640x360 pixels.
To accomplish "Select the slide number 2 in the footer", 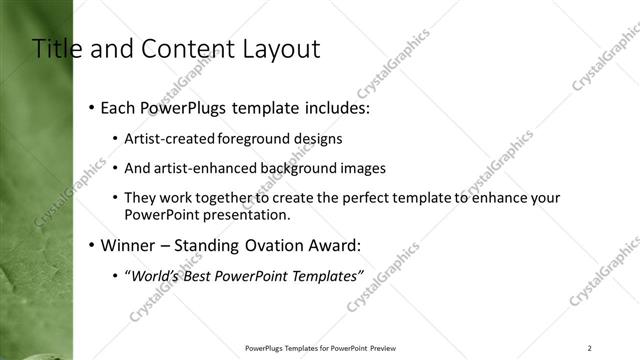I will point(590,348).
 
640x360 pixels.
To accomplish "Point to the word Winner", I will point(129,245).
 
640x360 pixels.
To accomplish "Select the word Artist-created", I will point(171,139).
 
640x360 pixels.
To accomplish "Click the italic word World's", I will point(157,275).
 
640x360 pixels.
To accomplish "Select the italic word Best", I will point(211,275).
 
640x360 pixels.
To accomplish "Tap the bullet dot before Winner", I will point(92,245).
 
